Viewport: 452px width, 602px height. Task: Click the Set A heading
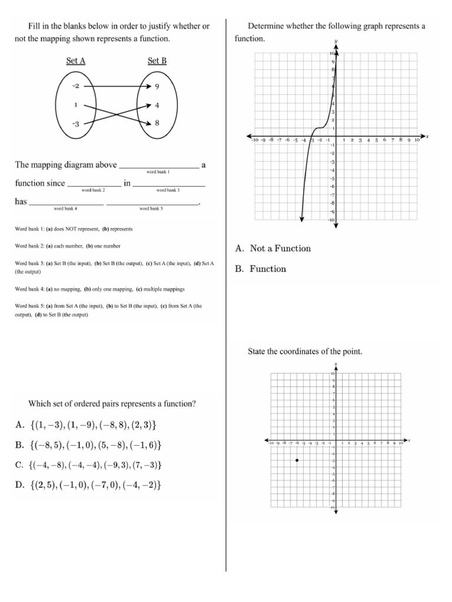(76, 60)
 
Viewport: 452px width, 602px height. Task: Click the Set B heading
(157, 60)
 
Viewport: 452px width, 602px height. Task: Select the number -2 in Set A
(75, 86)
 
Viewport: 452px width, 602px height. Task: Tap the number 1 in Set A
(75, 105)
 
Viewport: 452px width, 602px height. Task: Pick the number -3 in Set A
(75, 124)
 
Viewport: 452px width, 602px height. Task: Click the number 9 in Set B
(157, 86)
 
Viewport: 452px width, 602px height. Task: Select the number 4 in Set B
(157, 106)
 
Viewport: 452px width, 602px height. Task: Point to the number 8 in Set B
(157, 123)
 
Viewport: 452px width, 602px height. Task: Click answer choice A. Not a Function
(272, 249)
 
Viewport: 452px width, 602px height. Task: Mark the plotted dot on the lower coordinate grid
(297, 460)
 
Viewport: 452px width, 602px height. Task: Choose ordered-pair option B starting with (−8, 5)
(88, 445)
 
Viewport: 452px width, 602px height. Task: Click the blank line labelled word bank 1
(158, 166)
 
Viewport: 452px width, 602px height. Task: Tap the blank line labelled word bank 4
(66, 203)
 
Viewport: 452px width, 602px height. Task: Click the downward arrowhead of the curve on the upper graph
(301, 219)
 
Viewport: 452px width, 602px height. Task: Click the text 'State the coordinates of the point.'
(305, 352)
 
